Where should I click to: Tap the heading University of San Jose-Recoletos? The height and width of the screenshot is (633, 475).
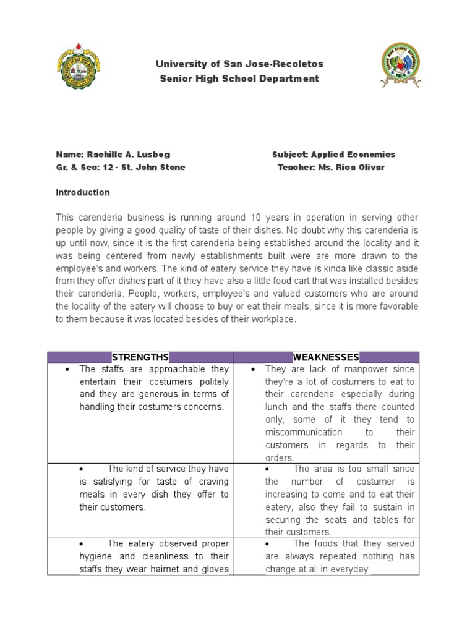240,64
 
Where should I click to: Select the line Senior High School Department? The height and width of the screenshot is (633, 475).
240,79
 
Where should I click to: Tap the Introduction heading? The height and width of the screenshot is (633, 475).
83,192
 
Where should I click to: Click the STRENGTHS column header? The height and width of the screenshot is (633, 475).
140,357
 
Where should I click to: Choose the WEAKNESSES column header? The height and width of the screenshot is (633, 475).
326,357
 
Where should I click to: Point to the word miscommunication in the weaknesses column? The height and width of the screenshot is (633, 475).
303,432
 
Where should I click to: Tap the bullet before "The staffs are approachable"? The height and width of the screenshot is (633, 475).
66,369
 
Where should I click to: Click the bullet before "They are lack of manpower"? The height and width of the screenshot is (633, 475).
253,369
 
